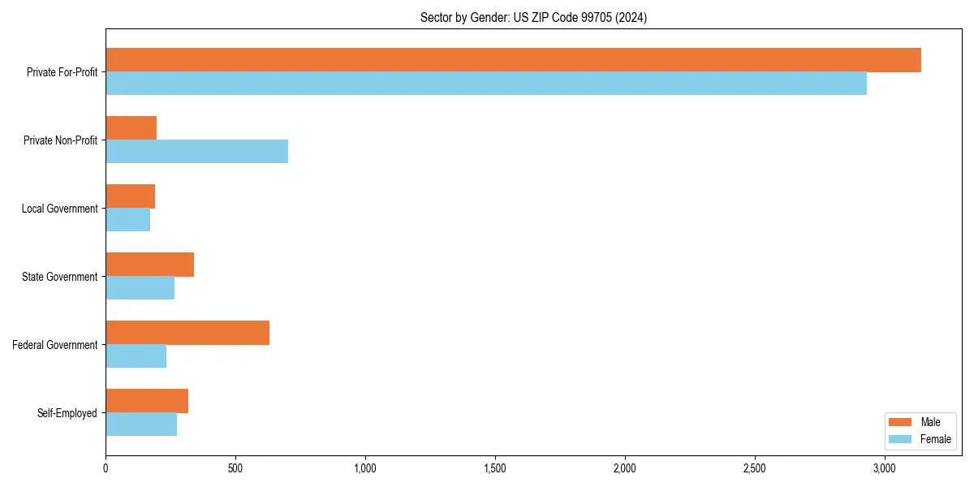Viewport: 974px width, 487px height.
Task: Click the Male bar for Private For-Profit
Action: (x=513, y=60)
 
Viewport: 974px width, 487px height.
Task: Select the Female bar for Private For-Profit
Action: (x=486, y=84)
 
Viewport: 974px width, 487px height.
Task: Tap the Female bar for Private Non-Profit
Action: (x=196, y=152)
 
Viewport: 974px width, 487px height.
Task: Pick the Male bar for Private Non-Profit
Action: (x=131, y=128)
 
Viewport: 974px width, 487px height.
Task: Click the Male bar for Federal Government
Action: (x=187, y=333)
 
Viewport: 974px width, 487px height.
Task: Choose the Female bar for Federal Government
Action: (x=136, y=356)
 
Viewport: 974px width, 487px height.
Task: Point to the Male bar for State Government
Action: (x=149, y=265)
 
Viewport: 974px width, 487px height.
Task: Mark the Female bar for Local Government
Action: (x=127, y=220)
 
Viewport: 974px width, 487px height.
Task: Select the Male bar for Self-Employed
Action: (x=147, y=401)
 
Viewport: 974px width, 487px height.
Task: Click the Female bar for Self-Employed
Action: (x=141, y=425)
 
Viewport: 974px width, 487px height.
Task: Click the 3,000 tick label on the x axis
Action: (x=884, y=469)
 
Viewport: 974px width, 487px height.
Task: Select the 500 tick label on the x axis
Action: (x=235, y=469)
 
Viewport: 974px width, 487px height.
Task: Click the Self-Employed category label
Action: (x=67, y=413)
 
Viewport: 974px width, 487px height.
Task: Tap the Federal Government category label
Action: (x=55, y=345)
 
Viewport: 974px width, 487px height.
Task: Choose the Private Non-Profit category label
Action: (x=60, y=140)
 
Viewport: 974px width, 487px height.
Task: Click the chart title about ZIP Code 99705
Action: (x=533, y=17)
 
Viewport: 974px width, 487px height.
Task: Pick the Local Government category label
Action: (x=59, y=209)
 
